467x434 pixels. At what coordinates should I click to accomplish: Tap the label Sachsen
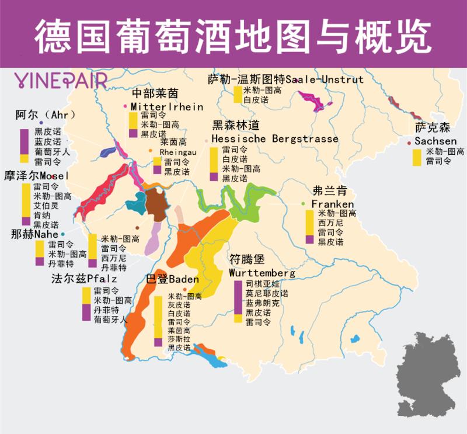(x=435, y=141)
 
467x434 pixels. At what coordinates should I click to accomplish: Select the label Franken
(x=332, y=204)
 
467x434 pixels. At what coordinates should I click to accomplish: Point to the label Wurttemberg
(x=262, y=273)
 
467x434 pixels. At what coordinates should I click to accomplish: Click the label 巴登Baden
(x=172, y=280)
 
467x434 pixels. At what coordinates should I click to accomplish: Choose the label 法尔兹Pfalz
(x=84, y=279)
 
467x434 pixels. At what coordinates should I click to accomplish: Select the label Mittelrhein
(x=166, y=107)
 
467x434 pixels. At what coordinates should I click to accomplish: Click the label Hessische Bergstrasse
(x=274, y=139)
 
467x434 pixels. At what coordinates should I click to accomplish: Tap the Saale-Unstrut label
(x=285, y=79)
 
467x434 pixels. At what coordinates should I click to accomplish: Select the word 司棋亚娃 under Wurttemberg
(x=259, y=284)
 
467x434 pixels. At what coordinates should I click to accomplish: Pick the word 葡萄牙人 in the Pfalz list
(x=110, y=320)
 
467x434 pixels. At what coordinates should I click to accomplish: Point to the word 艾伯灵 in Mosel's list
(x=46, y=206)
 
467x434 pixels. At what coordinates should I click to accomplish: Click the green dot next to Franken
(x=304, y=203)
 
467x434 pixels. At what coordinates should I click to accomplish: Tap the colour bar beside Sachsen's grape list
(x=417, y=158)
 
